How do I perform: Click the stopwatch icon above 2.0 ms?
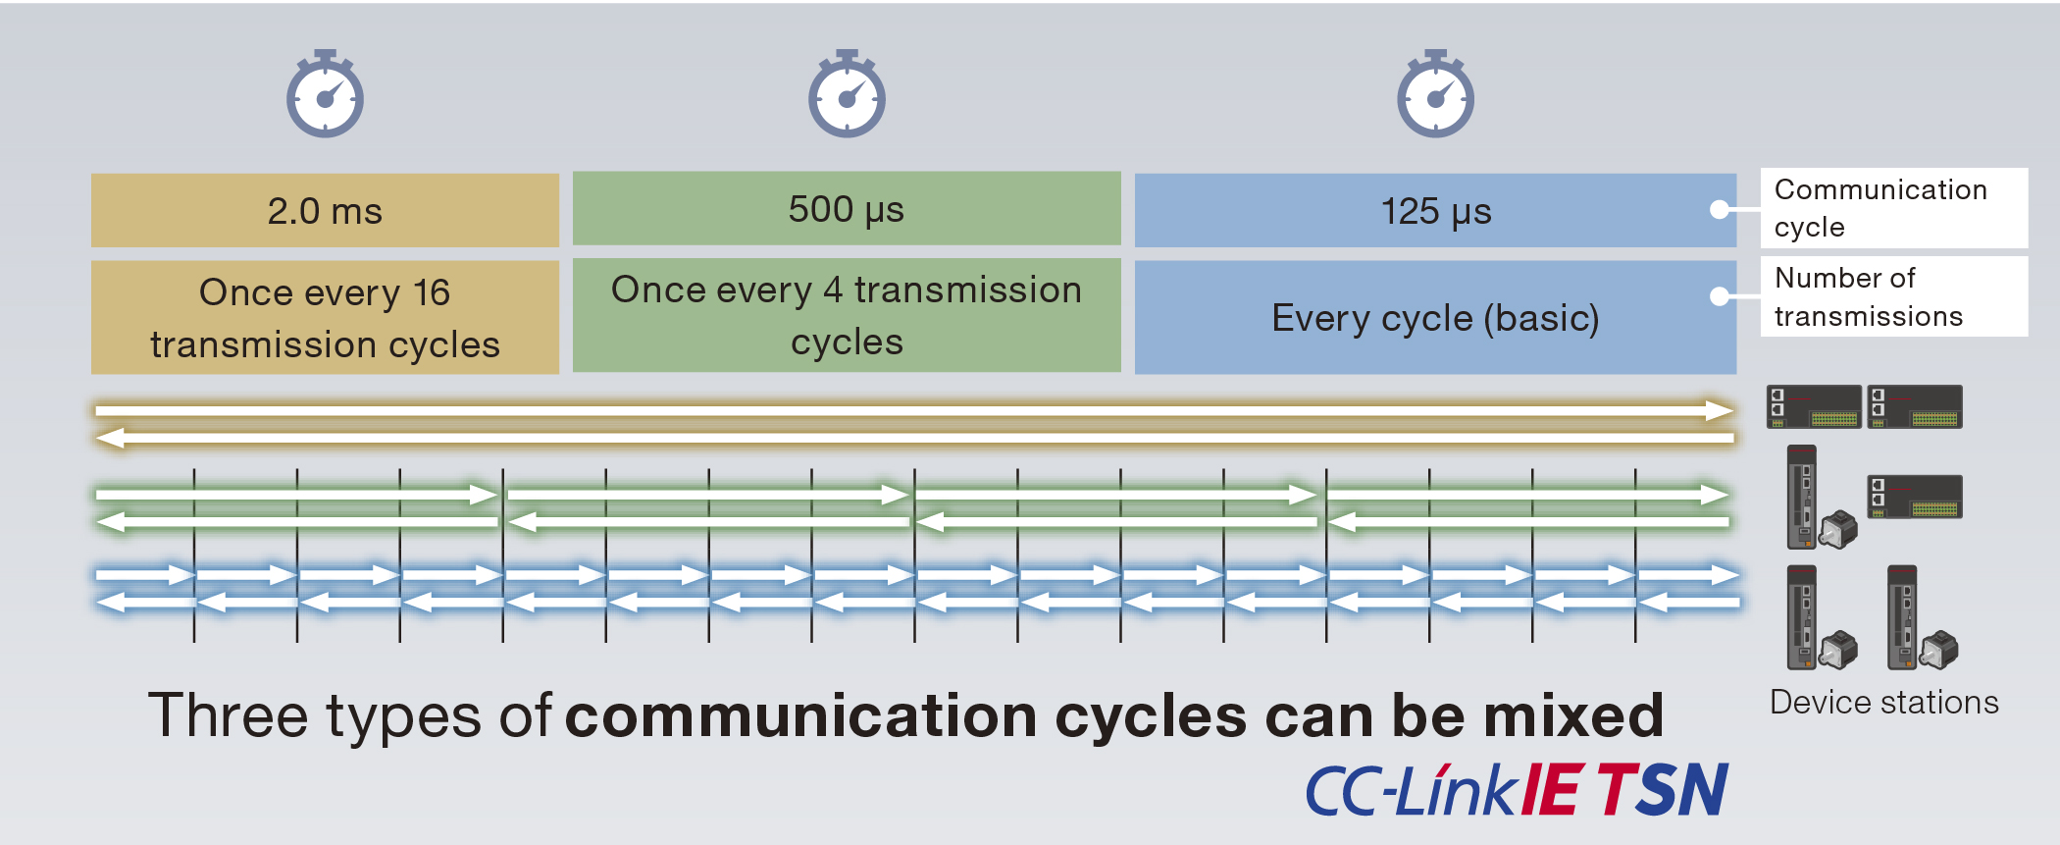point(325,94)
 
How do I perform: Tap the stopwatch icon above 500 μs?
point(847,94)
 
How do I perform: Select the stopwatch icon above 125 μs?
point(1435,94)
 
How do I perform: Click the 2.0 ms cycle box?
point(325,210)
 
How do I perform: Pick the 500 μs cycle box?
point(847,208)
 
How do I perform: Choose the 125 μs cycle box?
point(1435,210)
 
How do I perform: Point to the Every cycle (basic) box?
point(1435,317)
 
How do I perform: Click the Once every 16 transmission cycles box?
point(325,317)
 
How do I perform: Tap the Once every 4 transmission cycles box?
point(847,315)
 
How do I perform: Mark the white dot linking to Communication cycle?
point(1719,209)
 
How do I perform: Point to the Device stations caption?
point(1883,703)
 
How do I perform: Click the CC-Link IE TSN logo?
point(1516,790)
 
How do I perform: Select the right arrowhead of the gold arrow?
point(1719,410)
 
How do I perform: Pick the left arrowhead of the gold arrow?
point(110,438)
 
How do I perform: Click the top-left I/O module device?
point(1813,406)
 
